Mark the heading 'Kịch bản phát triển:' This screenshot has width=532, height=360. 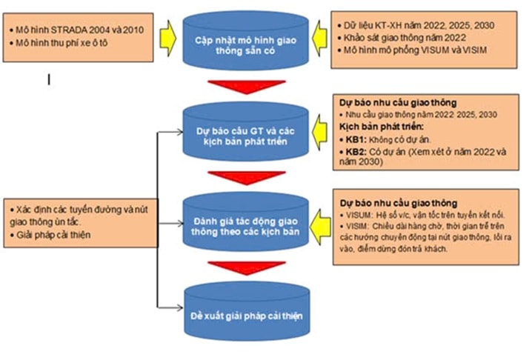[x=379, y=126]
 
